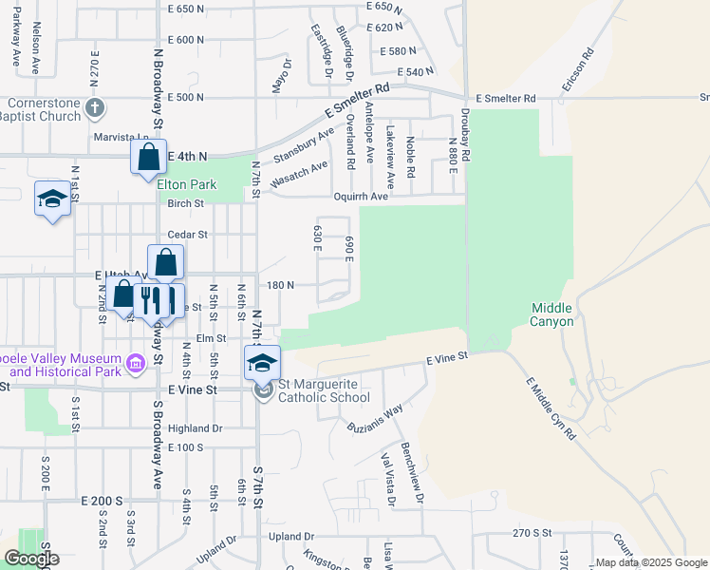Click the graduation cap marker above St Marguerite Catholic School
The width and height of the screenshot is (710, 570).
point(263,362)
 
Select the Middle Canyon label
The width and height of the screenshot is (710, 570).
point(551,314)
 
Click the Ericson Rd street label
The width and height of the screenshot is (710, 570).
point(576,69)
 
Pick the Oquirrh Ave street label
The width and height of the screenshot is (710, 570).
point(362,197)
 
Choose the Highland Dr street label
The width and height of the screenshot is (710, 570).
point(195,428)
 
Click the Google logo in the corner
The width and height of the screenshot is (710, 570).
point(30,559)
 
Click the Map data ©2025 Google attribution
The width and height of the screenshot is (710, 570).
point(650,562)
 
